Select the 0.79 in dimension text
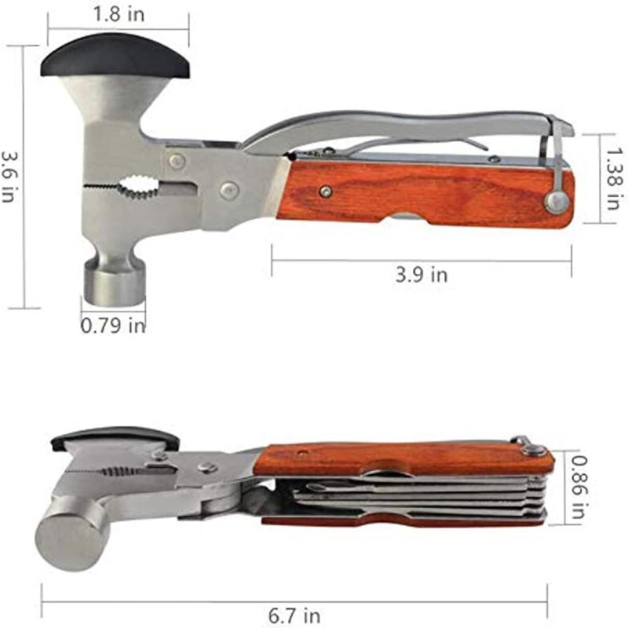[113, 324]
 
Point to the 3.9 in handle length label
[420, 274]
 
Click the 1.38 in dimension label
[609, 177]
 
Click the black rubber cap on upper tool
[116, 61]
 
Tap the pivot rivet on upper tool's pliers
[228, 189]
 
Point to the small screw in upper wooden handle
[326, 192]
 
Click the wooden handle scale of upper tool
[424, 192]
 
